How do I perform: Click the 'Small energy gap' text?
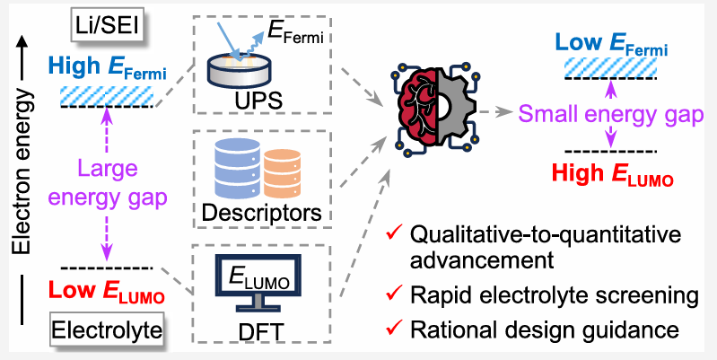(x=611, y=115)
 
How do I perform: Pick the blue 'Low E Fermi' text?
(x=611, y=44)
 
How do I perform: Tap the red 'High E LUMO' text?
(x=613, y=174)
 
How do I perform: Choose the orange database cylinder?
(x=282, y=174)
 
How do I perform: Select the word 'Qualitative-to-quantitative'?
(x=546, y=237)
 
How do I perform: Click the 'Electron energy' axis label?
(x=22, y=171)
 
